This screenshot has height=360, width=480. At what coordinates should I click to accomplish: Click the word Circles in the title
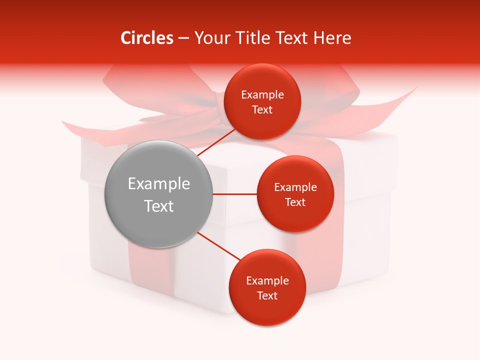[x=146, y=38]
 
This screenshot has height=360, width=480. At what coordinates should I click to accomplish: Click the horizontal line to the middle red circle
[x=234, y=194]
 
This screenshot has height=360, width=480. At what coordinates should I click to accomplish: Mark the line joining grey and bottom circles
[x=218, y=246]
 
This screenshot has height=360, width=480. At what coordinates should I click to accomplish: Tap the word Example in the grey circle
[x=159, y=184]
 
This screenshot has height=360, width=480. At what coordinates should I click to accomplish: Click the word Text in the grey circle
[x=159, y=206]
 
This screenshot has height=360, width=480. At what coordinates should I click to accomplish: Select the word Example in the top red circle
[x=262, y=95]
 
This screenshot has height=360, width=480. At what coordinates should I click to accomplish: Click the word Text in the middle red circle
[x=295, y=202]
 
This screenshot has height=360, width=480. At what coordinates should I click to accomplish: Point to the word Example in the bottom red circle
[x=267, y=281]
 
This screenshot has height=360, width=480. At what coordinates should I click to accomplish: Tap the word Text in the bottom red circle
[x=267, y=295]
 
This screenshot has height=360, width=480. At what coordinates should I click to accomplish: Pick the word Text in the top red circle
[x=262, y=110]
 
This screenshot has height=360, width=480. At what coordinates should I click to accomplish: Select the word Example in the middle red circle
[x=295, y=187]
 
